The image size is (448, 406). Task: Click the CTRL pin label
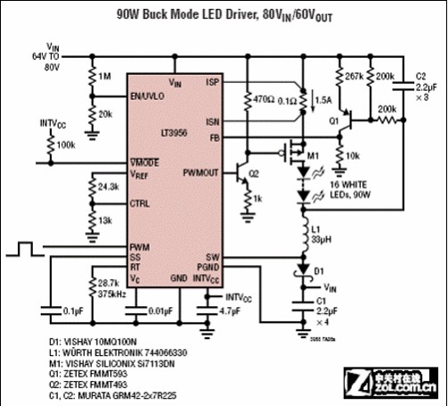pos(141,203)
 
